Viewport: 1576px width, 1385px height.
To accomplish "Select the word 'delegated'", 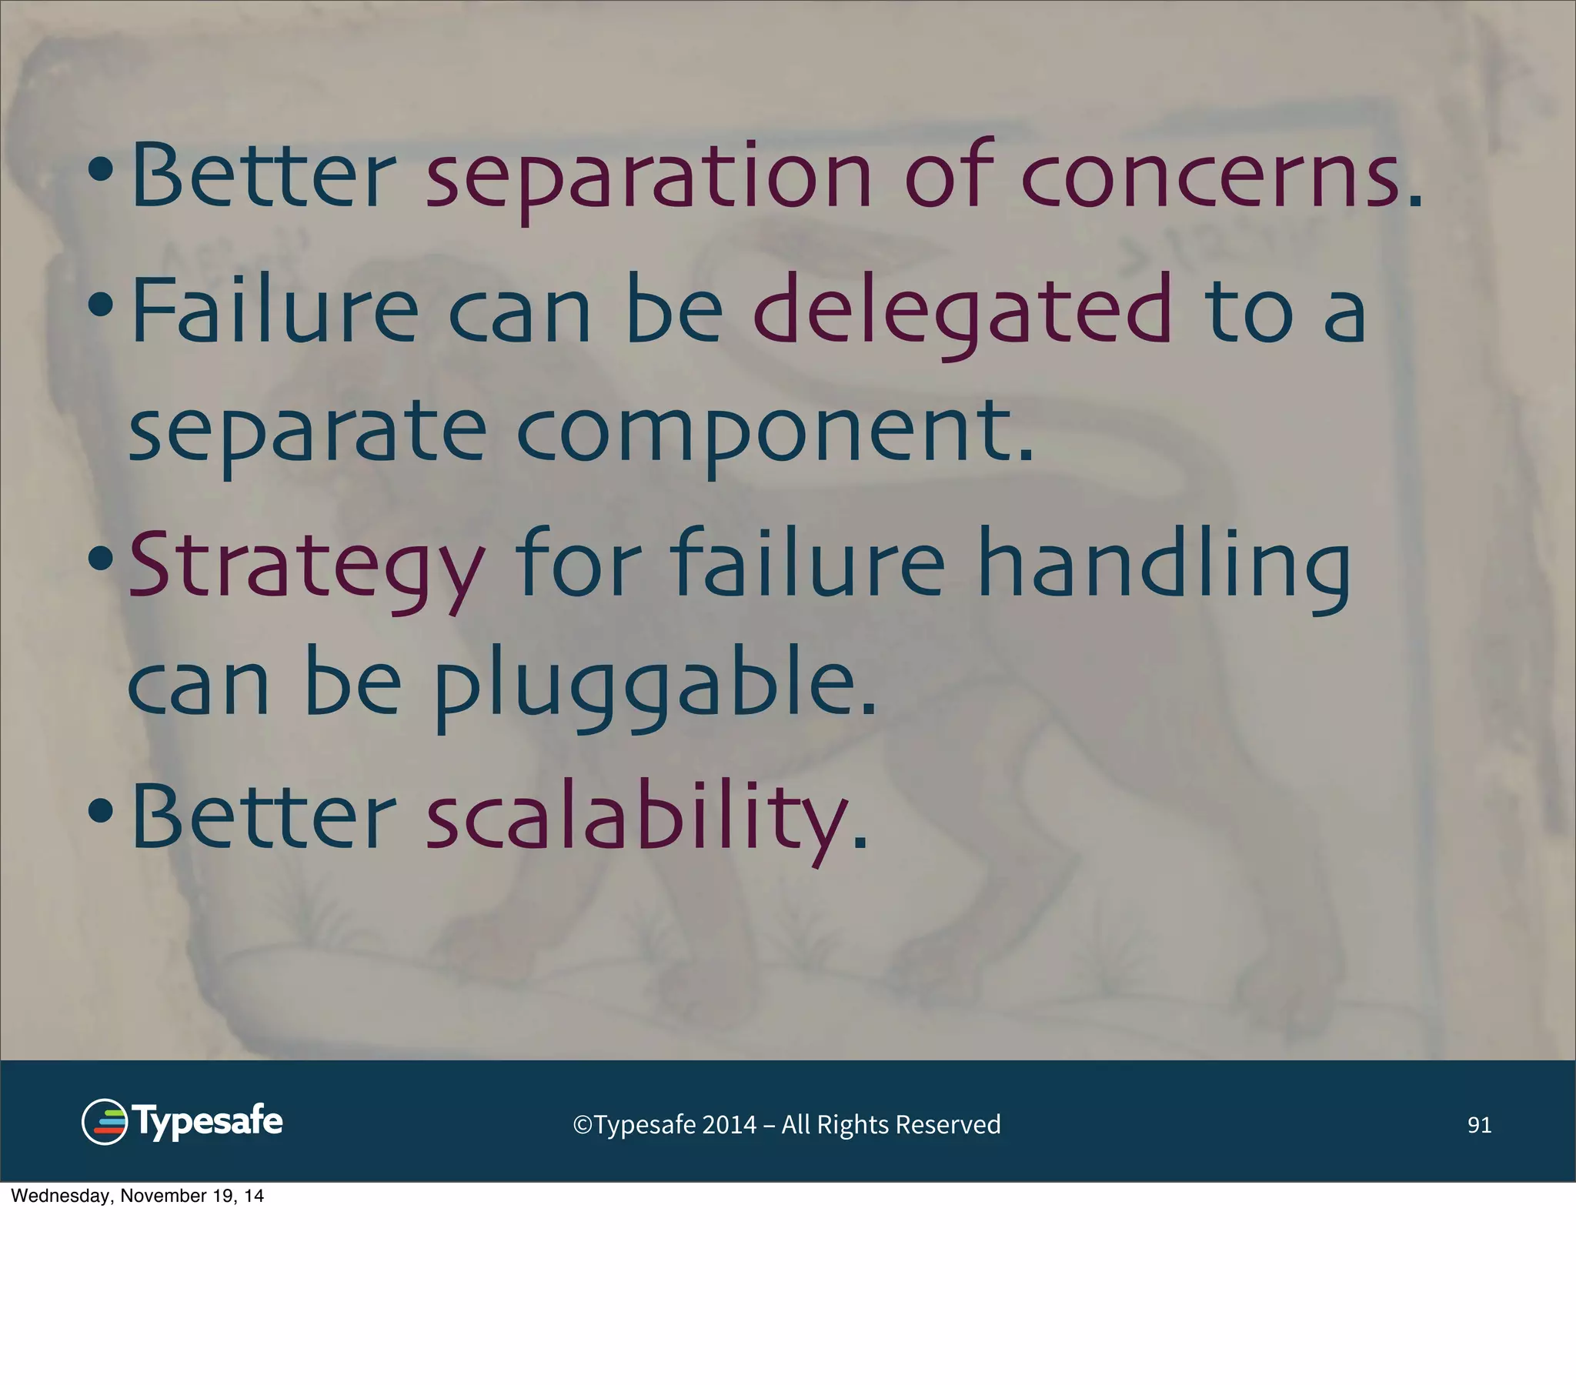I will coord(961,312).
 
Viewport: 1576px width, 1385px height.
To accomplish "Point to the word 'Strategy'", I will coord(307,567).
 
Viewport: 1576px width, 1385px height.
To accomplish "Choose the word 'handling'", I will coord(1164,567).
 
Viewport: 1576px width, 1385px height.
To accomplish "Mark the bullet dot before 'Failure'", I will coord(101,305).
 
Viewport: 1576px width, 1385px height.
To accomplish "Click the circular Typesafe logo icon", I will coord(104,1122).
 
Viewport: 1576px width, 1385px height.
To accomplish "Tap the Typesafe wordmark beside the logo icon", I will coord(209,1122).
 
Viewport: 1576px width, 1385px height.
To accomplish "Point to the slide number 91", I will coord(1479,1125).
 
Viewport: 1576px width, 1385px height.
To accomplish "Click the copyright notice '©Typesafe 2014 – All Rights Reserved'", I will coord(786,1125).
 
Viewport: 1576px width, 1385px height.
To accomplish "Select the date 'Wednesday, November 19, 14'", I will coord(137,1196).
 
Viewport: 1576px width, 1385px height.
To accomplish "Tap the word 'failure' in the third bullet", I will coord(806,567).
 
